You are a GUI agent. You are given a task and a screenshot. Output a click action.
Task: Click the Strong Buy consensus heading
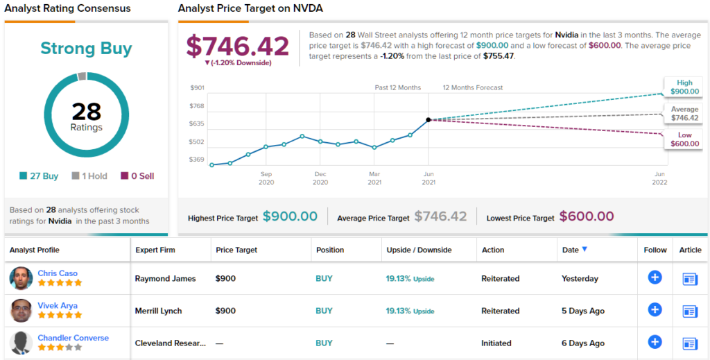click(86, 49)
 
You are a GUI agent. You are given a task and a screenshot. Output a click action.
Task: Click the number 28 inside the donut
click(86, 111)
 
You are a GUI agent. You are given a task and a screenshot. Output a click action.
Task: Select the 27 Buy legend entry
click(39, 176)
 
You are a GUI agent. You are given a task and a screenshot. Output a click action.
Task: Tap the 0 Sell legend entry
click(137, 176)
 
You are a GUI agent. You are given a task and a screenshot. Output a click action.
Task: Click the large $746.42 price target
click(238, 46)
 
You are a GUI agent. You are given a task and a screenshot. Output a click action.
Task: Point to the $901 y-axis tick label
click(197, 87)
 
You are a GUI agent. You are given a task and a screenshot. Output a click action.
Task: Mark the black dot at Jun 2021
click(428, 120)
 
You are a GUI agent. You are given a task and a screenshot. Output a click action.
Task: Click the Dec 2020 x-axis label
click(320, 178)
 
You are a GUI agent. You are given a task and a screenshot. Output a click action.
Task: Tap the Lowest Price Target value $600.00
click(587, 216)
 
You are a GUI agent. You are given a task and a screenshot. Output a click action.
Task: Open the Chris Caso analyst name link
click(58, 273)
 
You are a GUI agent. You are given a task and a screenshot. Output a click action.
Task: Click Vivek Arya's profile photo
click(21, 311)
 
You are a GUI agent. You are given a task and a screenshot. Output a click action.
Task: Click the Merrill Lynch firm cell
click(158, 311)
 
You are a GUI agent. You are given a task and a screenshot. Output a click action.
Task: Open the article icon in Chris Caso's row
click(690, 279)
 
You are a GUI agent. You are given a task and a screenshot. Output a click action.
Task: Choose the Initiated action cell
click(496, 343)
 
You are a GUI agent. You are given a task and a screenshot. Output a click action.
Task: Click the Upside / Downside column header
click(419, 250)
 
